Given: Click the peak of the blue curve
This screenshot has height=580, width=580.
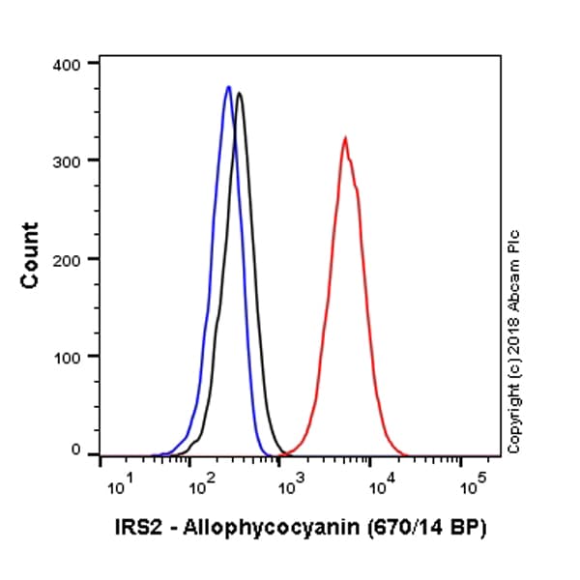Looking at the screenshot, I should (x=228, y=87).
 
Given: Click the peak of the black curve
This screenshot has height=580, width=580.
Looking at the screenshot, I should (x=239, y=94).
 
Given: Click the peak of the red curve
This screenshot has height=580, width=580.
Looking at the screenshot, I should (x=344, y=138).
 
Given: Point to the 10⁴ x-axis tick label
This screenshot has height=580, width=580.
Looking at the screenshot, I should (x=380, y=485).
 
